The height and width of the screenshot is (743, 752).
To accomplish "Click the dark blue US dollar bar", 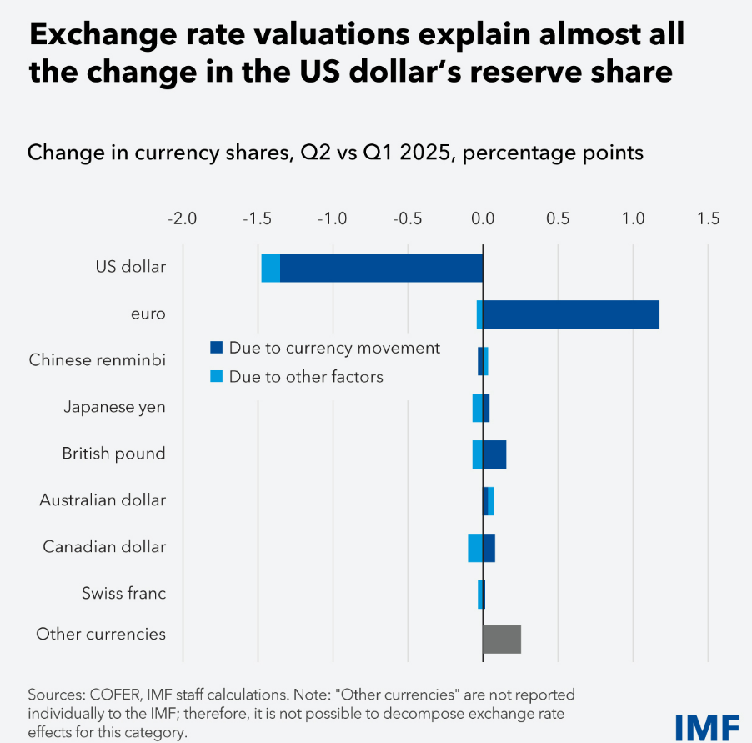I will pyautogui.click(x=381, y=268).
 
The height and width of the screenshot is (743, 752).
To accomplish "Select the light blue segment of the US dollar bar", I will pyautogui.click(x=270, y=268).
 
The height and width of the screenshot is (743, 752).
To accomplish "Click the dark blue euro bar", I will pyautogui.click(x=570, y=314).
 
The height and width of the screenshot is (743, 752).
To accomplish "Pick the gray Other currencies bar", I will pyautogui.click(x=502, y=639).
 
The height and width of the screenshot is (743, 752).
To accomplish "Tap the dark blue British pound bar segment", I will pyautogui.click(x=494, y=454).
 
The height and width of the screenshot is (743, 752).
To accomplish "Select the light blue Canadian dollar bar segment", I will pyautogui.click(x=474, y=548).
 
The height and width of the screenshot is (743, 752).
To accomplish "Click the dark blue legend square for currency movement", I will pyautogui.click(x=217, y=348).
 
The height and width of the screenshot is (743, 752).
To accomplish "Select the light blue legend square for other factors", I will pyautogui.click(x=217, y=377).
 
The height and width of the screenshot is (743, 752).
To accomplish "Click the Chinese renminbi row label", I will pyautogui.click(x=97, y=360).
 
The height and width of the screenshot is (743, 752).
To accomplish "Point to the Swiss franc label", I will pyautogui.click(x=123, y=594).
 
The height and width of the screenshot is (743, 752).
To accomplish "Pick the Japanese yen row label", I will pyautogui.click(x=114, y=407).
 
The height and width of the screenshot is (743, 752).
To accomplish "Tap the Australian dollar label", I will pyautogui.click(x=103, y=500).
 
